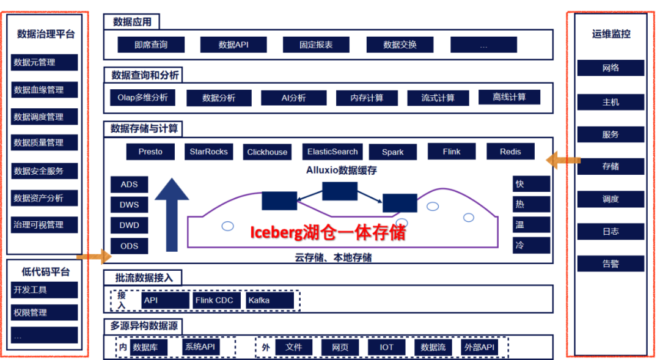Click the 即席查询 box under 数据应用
150,45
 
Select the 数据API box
233,45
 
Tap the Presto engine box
150,152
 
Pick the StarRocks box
208,152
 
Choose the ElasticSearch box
333,152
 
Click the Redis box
510,152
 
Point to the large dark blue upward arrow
172,214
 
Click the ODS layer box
129,246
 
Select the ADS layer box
129,185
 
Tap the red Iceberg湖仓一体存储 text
328,232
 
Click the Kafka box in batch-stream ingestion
269,300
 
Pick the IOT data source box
386,347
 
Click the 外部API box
479,347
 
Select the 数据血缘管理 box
45,90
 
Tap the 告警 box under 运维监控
610,264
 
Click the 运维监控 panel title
610,34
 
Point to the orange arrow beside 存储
563,161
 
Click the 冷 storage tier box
531,246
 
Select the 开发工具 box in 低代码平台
45,290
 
